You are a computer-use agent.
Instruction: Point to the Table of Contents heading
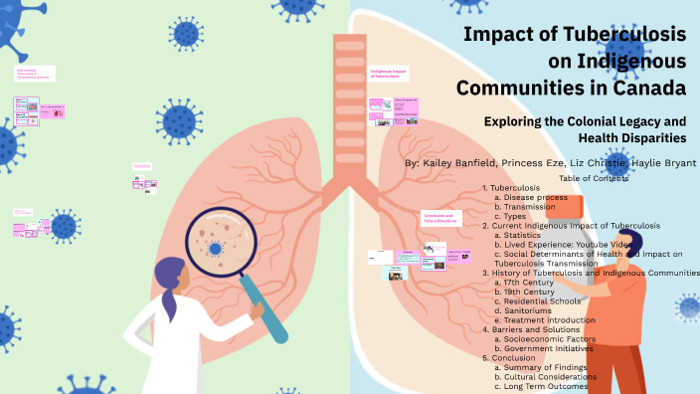click(594, 178)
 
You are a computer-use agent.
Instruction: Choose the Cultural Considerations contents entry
click(552, 377)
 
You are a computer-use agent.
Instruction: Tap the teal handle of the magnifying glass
click(271, 312)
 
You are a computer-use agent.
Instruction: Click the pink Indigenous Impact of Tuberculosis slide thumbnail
click(388, 76)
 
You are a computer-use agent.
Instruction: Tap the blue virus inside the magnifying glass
click(215, 247)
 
